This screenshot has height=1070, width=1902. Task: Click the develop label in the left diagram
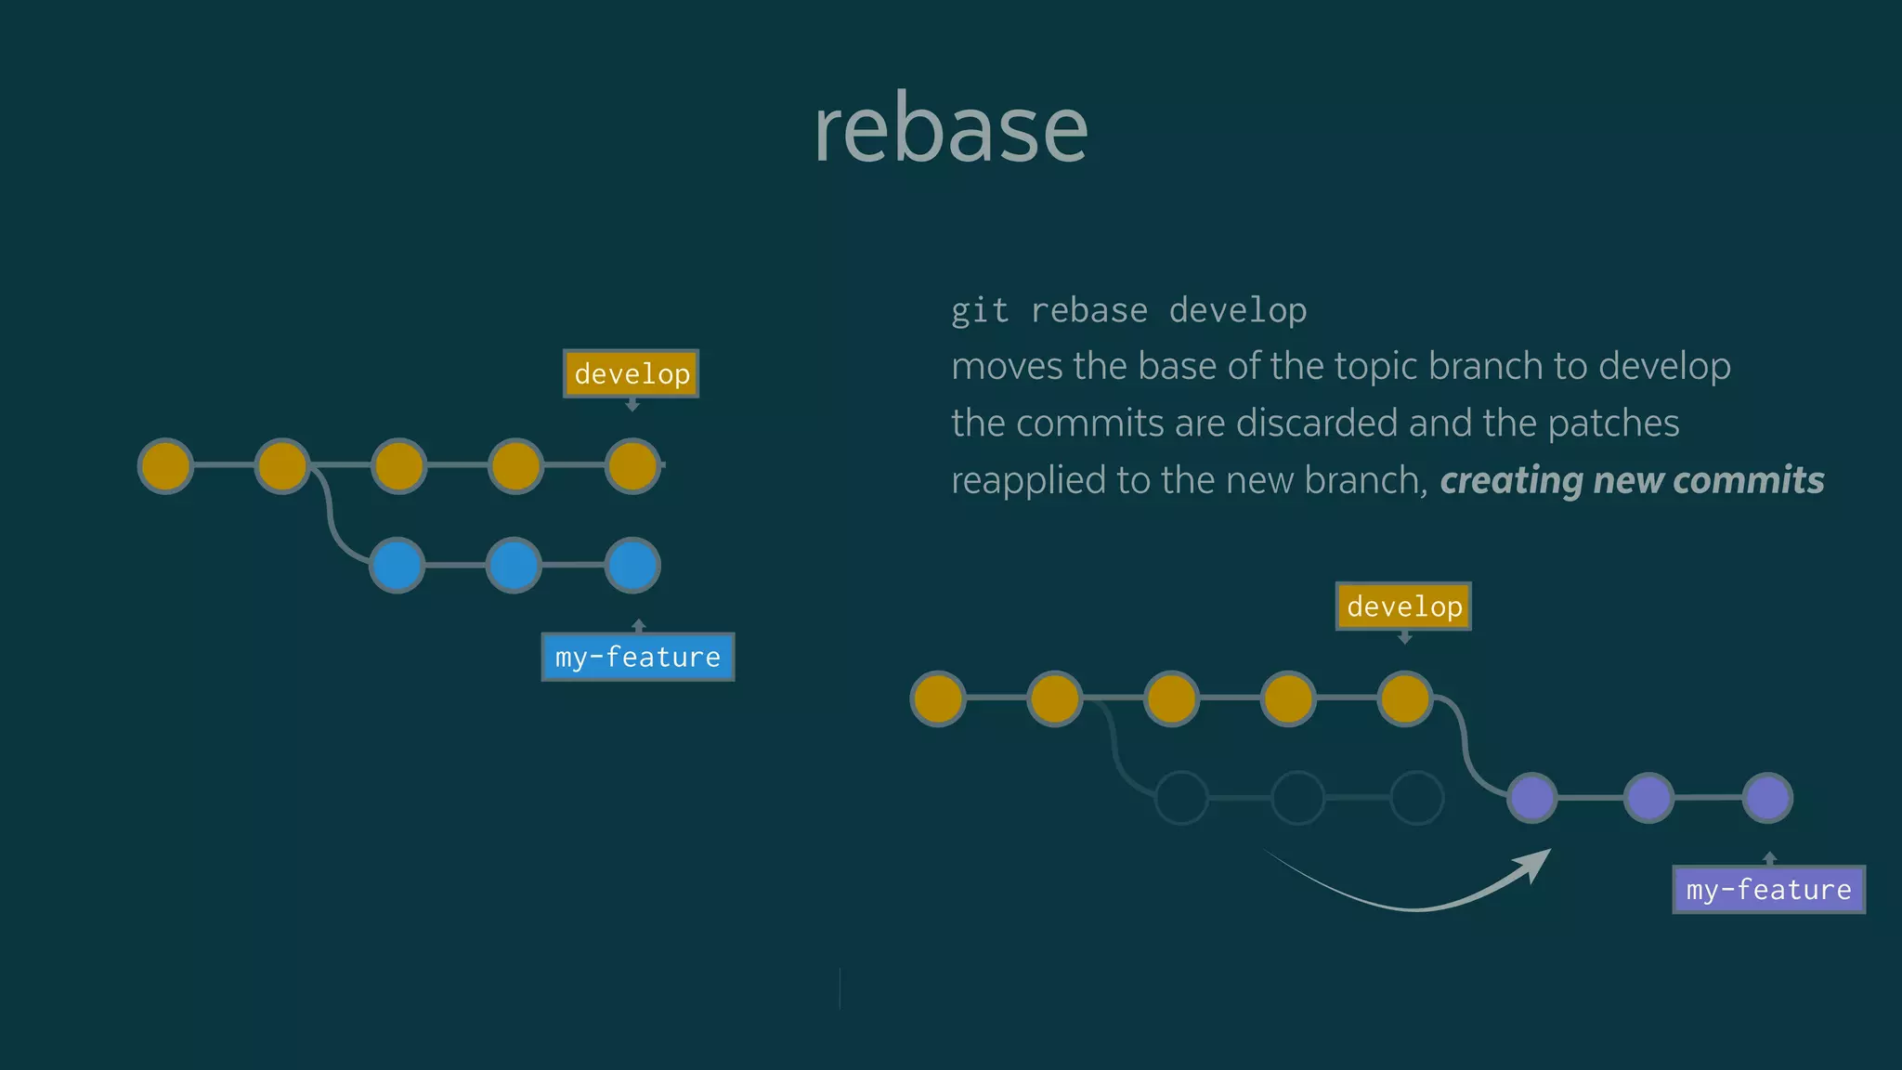632,373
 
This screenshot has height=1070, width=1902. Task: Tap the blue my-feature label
638,657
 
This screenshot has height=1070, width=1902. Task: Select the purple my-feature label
1768,889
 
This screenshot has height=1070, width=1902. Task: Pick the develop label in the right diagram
1403,606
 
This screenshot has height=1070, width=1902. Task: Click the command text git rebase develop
1128,310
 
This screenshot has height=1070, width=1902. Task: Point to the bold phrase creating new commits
1632,480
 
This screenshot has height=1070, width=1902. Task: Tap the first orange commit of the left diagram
165,465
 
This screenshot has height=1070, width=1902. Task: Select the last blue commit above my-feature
632,565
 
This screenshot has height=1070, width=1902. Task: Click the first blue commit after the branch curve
397,565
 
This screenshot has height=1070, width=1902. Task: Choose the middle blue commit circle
515,565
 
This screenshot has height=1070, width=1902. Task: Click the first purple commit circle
1531,797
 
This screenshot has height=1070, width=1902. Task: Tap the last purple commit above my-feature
1767,797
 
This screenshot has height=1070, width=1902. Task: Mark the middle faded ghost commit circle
1297,797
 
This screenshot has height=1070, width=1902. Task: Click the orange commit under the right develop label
1405,698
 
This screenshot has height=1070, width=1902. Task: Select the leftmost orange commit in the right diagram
938,698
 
